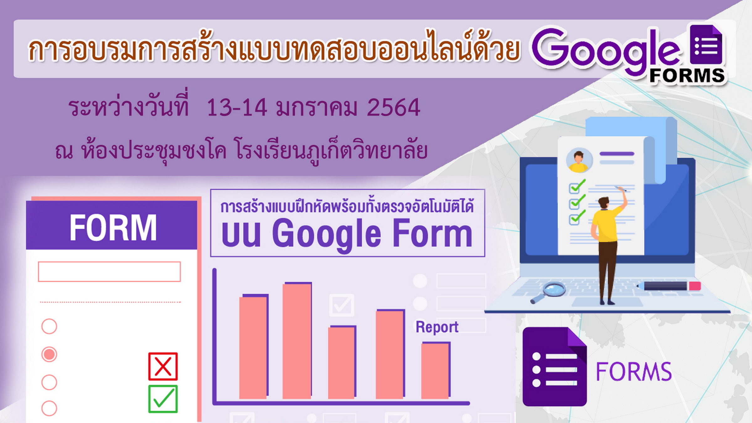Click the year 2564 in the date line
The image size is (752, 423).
[x=393, y=107]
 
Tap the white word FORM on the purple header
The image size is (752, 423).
[x=113, y=228]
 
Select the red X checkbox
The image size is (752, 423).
[x=163, y=366]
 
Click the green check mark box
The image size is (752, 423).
[x=163, y=399]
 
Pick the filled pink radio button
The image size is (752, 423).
[x=49, y=354]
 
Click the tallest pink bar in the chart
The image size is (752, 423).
[x=297, y=341]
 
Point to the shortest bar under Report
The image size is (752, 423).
[x=436, y=370]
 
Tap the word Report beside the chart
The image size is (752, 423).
[x=437, y=327]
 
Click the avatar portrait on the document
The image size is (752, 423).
[x=579, y=160]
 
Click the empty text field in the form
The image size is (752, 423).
[x=109, y=272]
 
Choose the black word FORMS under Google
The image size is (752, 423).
[x=687, y=76]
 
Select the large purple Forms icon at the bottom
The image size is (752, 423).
[x=555, y=367]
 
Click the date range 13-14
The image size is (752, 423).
[x=237, y=107]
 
